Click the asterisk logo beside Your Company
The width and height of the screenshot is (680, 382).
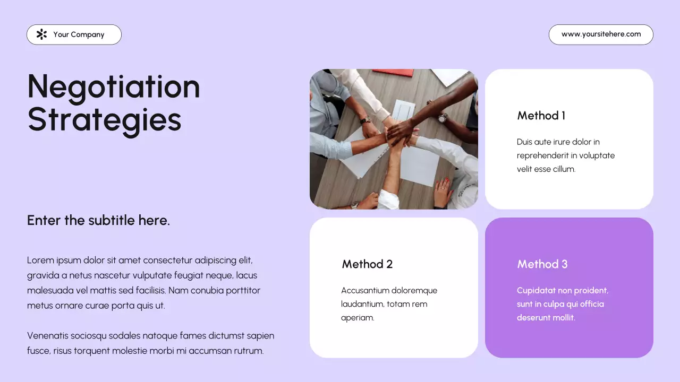[41, 34]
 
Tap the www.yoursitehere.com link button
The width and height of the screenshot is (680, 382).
[601, 34]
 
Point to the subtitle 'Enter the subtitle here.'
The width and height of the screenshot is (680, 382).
[98, 220]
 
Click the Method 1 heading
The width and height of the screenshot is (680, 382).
[541, 116]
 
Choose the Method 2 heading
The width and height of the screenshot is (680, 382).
[367, 264]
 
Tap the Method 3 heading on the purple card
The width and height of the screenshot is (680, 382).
[542, 264]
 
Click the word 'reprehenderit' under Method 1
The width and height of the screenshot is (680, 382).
[542, 155]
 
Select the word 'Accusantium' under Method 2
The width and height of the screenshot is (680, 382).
[365, 291]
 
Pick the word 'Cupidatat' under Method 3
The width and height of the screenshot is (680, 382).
[535, 291]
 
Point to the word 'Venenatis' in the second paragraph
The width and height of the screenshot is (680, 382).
[47, 336]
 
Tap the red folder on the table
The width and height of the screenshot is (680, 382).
[393, 73]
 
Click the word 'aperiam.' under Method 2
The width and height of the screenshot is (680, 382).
[358, 318]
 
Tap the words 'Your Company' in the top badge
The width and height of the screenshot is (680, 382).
[79, 34]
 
